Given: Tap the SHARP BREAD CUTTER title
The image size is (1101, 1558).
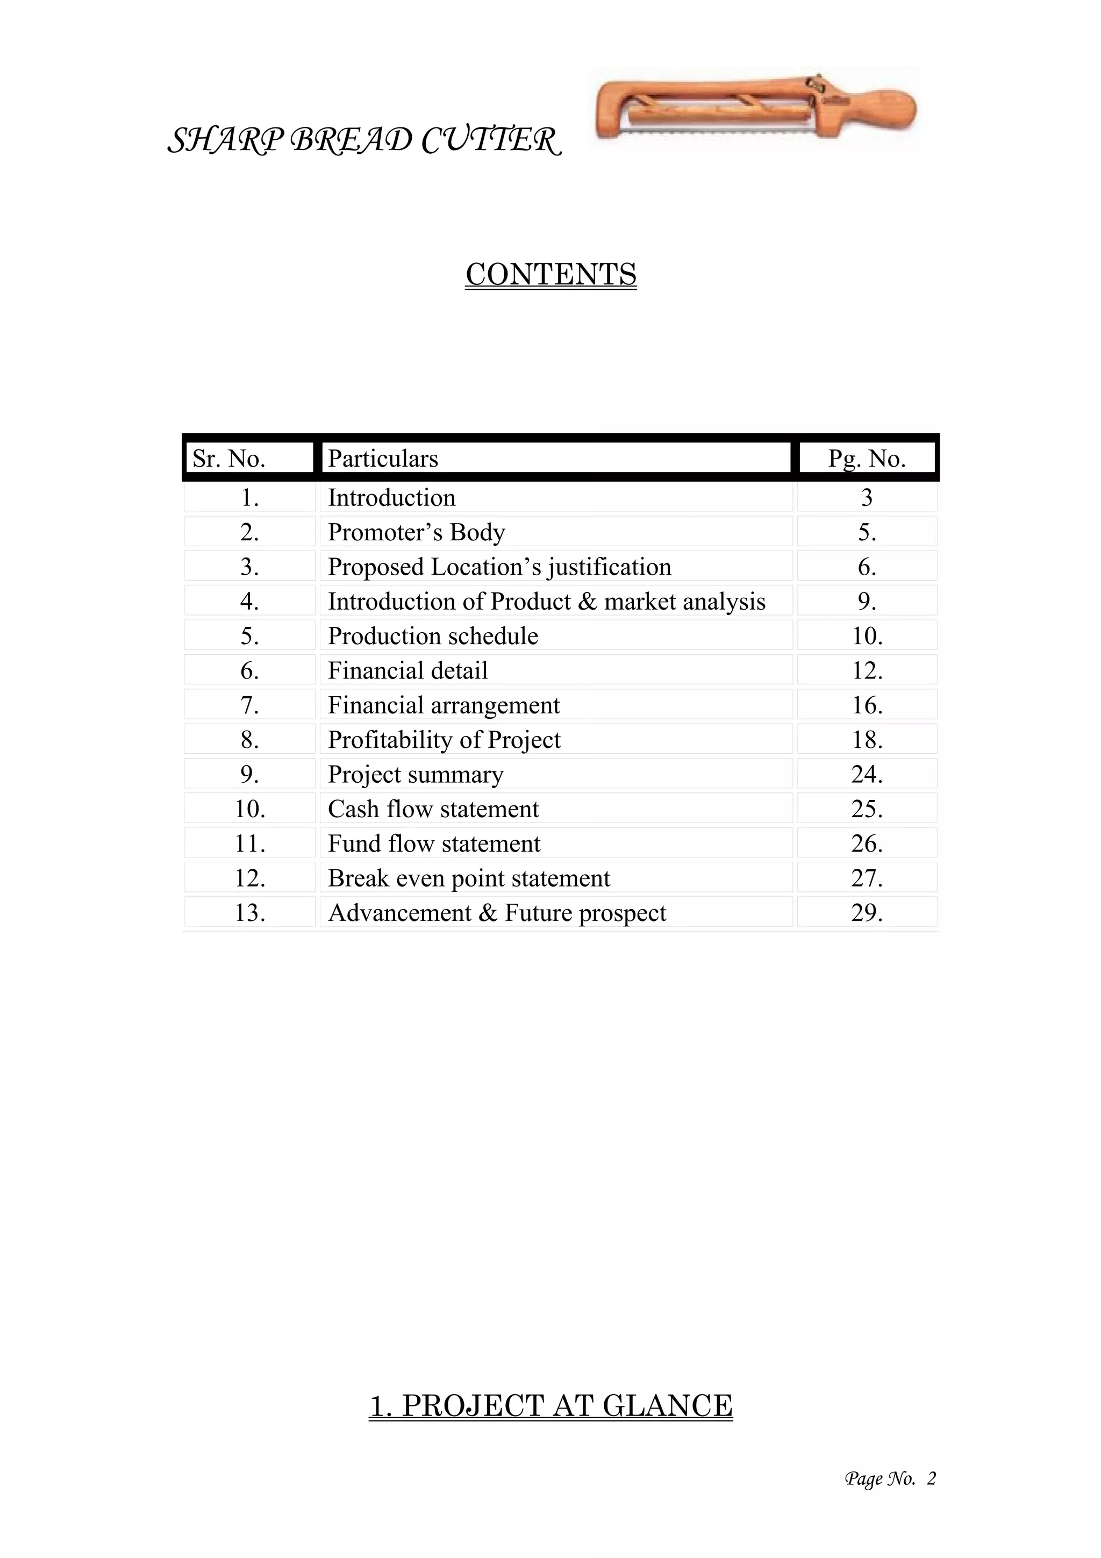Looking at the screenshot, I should click(364, 141).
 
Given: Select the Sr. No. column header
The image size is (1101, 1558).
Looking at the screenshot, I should click(228, 459).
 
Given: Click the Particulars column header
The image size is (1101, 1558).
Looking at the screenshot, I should click(383, 459).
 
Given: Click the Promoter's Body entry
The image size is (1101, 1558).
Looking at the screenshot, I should click(416, 533).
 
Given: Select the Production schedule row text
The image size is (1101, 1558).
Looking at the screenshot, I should click(433, 637).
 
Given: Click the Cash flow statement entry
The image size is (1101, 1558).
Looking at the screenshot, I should click(433, 810).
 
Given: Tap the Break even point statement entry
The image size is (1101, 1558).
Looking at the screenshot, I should click(469, 879).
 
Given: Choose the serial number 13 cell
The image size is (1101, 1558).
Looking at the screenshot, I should click(249, 913).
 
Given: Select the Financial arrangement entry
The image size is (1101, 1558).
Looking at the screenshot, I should click(444, 706).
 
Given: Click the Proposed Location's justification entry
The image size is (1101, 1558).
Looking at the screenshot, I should click(499, 567).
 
